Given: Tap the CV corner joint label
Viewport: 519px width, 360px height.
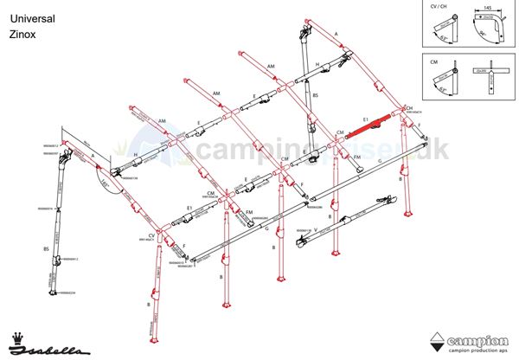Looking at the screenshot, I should (x=151, y=235).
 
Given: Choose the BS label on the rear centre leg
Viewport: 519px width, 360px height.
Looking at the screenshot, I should (x=316, y=95).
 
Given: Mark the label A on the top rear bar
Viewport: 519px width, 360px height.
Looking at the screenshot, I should (x=336, y=32).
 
